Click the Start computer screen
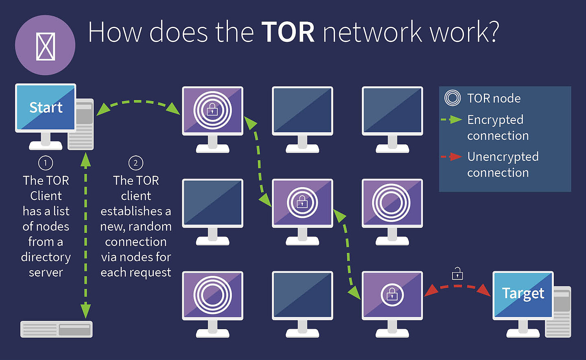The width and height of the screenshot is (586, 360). click(46, 108)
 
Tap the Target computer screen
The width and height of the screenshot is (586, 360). click(523, 294)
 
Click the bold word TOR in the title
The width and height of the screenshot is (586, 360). click(288, 32)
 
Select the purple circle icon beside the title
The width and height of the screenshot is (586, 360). click(45, 45)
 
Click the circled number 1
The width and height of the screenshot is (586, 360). click(46, 163)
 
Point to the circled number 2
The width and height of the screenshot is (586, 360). click(136, 163)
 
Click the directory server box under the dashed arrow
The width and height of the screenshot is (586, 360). click(57, 329)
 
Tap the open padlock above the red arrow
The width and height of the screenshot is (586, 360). click(457, 274)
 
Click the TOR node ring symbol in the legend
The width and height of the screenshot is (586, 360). click(453, 98)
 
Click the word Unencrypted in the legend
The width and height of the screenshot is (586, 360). click(503, 157)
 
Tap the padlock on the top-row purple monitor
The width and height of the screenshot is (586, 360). click(212, 110)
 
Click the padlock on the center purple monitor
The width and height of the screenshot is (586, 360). click(302, 202)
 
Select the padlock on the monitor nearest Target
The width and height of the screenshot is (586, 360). click(392, 295)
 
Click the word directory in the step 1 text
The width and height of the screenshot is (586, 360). click(46, 257)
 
